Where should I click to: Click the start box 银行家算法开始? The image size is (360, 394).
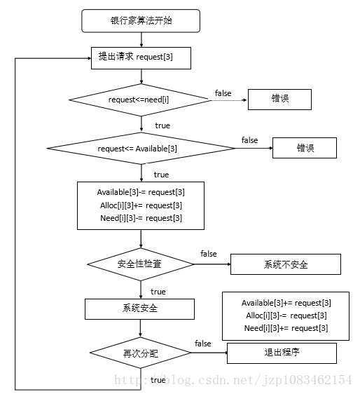tap(141, 21)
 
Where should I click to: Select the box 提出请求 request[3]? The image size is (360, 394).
tap(141, 58)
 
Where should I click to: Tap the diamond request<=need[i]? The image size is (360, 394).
tap(140, 100)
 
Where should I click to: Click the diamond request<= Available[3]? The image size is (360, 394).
tap(141, 148)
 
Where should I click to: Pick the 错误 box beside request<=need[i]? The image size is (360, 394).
tap(279, 100)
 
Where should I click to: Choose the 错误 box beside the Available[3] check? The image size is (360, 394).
tap(305, 148)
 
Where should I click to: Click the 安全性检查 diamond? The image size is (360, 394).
tap(140, 264)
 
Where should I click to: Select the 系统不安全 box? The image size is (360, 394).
tap(286, 264)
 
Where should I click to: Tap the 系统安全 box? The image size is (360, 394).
tap(139, 309)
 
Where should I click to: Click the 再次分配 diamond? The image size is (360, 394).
tap(140, 353)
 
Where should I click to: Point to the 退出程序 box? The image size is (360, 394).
tap(282, 353)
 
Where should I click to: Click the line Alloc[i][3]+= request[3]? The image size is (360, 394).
tap(141, 205)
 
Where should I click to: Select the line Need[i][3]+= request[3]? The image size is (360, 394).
tap(286, 328)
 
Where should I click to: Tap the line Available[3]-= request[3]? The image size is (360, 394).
tap(141, 192)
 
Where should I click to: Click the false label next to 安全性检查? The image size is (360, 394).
tap(209, 254)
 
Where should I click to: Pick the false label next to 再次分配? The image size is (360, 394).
tap(203, 344)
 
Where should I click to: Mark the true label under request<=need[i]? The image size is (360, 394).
tap(162, 125)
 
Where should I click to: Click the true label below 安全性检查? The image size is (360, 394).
tap(158, 292)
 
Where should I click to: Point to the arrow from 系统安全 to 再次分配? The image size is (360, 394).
tap(140, 328)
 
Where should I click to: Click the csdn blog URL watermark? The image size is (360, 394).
tap(233, 380)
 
